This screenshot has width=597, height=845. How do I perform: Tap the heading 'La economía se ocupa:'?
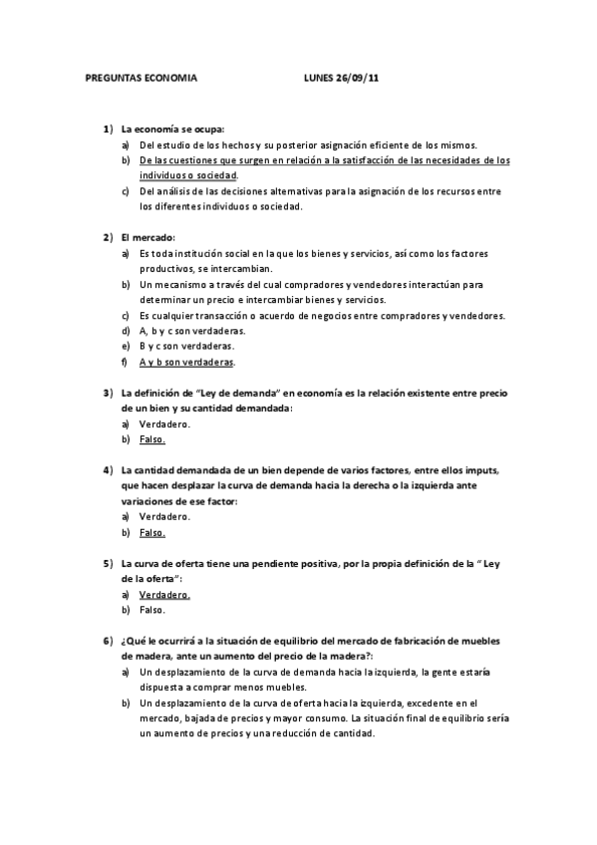pos(172,130)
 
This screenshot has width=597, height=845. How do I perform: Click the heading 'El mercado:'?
pos(148,237)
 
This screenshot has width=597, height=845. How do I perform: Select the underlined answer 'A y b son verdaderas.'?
pos(187,362)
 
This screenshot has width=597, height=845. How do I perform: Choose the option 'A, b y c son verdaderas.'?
pos(192,331)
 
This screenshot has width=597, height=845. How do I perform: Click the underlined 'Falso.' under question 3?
pos(152,438)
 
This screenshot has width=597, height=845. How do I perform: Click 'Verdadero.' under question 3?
pos(164,423)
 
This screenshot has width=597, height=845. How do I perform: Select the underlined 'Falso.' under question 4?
pos(152,532)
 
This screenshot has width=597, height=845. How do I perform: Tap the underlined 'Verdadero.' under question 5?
pos(164,594)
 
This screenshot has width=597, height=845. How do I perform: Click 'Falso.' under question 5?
pos(152,610)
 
